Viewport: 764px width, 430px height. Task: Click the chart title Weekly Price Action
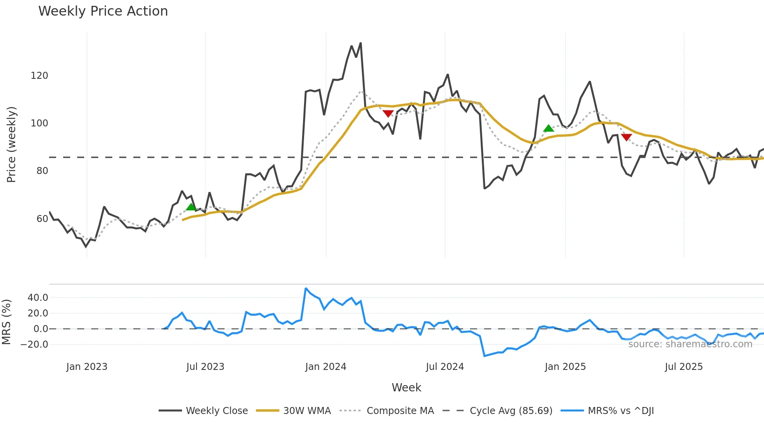point(103,11)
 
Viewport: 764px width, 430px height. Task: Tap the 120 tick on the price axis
point(39,76)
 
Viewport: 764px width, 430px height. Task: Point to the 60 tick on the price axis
point(42,219)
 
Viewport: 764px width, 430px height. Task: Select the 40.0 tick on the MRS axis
point(38,298)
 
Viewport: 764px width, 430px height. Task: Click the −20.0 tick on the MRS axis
point(34,345)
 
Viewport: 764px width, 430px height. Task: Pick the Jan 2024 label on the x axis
point(325,367)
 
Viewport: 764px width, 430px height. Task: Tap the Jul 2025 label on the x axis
point(684,367)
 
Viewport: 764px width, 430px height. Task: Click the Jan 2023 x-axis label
point(87,367)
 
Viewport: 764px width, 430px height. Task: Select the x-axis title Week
point(406,387)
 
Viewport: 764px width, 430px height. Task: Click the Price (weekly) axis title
point(11,144)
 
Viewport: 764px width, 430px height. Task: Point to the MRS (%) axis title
point(6,322)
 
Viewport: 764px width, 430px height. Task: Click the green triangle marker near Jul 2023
point(191,207)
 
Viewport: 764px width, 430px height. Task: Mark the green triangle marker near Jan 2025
point(548,128)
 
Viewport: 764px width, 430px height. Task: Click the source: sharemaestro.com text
point(690,344)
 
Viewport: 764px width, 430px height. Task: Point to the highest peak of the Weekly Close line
point(361,43)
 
